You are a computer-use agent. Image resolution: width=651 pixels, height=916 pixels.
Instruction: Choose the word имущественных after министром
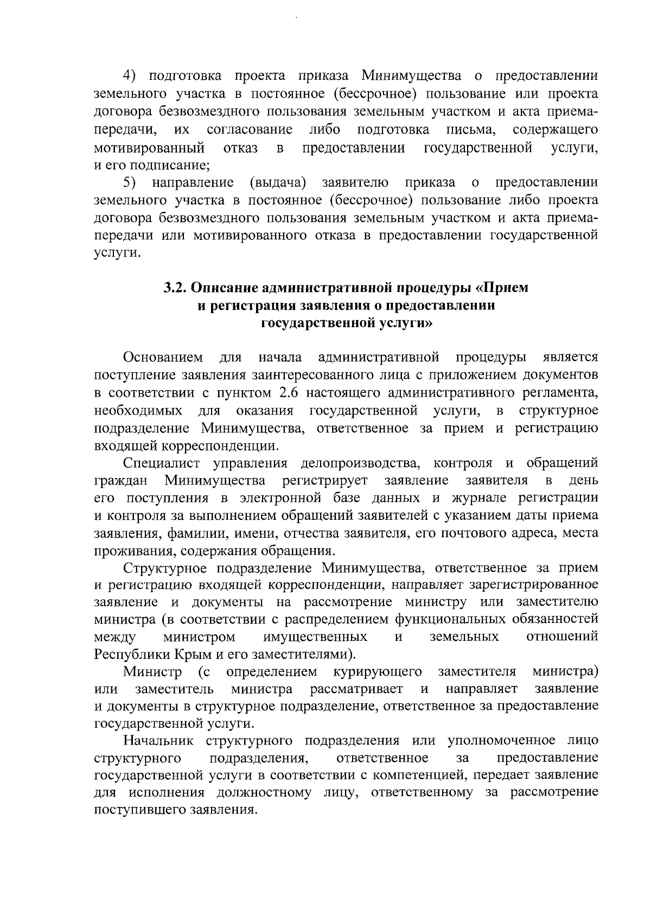point(315,636)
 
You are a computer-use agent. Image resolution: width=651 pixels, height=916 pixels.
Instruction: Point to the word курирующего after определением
point(378,672)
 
